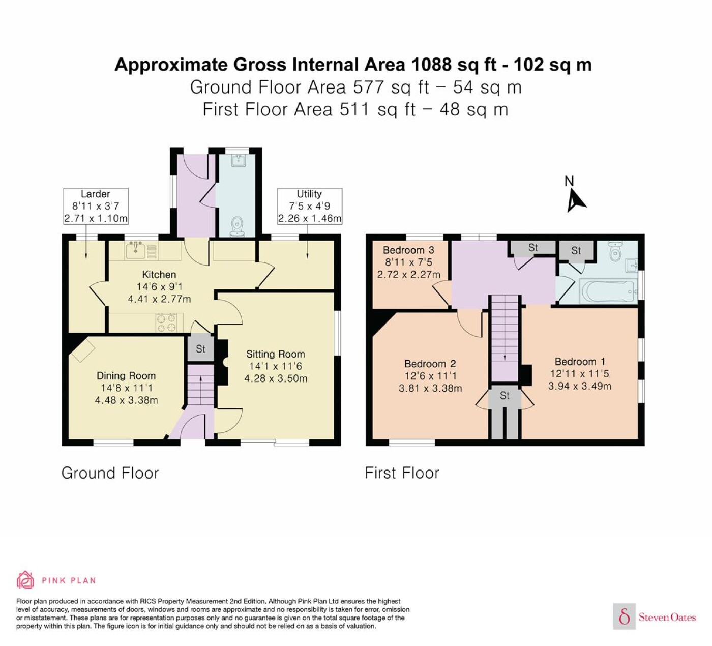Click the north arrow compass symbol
coord(575,200)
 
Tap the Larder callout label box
coord(96,206)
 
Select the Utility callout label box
coord(310,206)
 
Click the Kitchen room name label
coord(159,275)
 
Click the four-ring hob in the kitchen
coord(166,322)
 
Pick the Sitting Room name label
coord(276,354)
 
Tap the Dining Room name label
coord(126,376)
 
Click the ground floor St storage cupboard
coord(200,349)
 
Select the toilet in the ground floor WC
coord(236,227)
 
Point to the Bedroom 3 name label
coord(408,250)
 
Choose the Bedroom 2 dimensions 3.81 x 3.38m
coord(430,388)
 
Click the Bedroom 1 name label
coord(580,362)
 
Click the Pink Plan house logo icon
coord(25,580)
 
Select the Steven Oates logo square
coord(625,616)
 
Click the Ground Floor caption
coord(110,473)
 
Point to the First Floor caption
coord(402,473)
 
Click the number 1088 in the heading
coord(431,65)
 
